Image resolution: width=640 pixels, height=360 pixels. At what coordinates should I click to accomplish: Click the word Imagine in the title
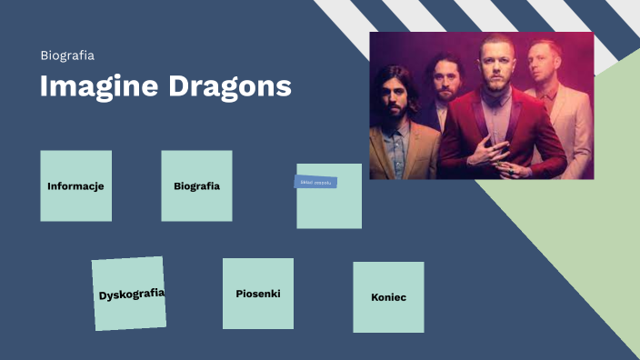tap(98, 86)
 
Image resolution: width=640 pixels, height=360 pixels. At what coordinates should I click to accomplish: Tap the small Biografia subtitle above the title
tap(67, 55)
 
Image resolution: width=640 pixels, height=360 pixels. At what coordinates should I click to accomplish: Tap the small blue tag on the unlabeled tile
tap(315, 182)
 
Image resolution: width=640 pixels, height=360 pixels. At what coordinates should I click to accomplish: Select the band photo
tap(481, 105)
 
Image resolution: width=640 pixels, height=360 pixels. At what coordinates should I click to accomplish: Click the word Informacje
tap(75, 186)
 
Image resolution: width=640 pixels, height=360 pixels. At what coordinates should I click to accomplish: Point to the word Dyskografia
tap(131, 294)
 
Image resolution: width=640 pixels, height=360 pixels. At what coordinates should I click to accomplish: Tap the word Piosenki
tap(258, 294)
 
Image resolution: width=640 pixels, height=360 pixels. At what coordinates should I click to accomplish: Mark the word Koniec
tap(388, 297)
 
